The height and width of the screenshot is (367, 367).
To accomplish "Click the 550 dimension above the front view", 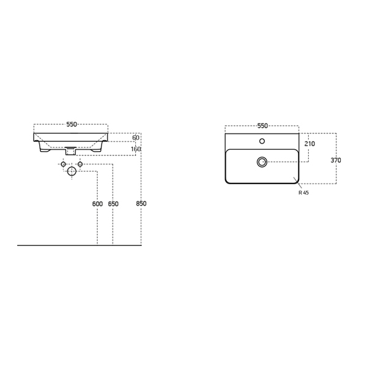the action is (72, 125).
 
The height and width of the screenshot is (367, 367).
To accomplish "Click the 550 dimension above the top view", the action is (262, 126).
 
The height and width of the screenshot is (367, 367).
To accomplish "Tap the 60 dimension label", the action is (136, 138).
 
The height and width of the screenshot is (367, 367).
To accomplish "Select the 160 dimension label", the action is (136, 149).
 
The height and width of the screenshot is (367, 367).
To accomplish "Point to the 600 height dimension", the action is (97, 204).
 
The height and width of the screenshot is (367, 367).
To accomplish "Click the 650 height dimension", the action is (113, 204).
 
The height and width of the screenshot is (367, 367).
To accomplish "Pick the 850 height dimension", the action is (141, 204).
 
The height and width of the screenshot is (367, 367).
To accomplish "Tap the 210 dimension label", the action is (310, 144).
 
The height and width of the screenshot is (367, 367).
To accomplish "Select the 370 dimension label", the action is (336, 160).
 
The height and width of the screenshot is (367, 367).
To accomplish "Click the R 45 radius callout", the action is (303, 193).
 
